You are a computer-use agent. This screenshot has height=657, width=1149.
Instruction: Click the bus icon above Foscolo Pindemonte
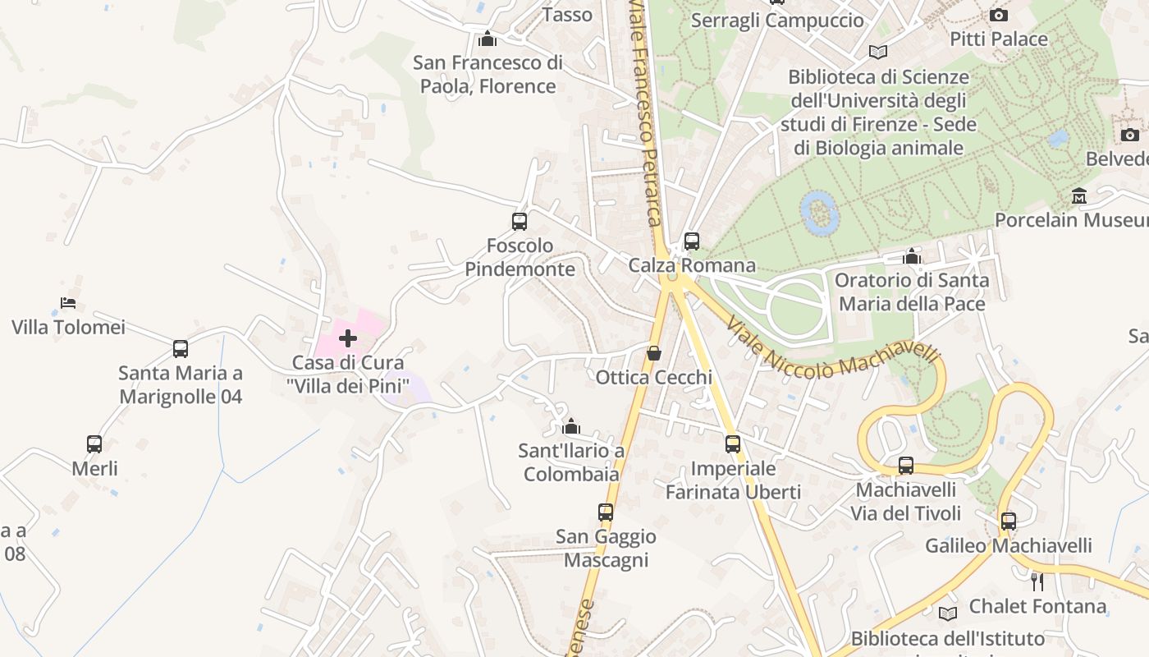[519, 221]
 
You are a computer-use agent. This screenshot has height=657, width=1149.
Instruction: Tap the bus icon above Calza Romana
[692, 241]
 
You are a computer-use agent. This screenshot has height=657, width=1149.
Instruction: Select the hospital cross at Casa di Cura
[348, 338]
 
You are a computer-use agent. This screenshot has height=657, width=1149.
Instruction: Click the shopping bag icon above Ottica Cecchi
[654, 353]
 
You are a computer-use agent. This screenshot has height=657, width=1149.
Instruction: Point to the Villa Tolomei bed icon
[68, 303]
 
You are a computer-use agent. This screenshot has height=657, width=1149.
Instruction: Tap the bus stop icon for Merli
[94, 444]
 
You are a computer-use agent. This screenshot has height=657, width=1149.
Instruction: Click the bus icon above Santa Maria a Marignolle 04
[181, 348]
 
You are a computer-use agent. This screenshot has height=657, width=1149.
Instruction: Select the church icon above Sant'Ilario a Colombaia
[571, 426]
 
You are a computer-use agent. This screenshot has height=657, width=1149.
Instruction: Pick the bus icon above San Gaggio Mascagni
[606, 512]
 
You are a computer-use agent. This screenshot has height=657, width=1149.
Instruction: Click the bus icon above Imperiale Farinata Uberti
[733, 444]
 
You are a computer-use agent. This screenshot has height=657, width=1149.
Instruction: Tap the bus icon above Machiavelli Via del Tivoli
[906, 466]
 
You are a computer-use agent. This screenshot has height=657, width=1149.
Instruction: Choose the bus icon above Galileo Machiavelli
[1009, 521]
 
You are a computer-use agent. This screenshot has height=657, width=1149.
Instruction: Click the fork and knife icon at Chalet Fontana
[1037, 582]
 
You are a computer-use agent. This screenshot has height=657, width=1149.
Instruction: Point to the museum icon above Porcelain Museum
[1079, 196]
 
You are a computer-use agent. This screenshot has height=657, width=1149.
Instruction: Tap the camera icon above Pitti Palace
[999, 15]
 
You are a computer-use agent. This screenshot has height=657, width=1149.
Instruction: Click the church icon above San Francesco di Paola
[488, 39]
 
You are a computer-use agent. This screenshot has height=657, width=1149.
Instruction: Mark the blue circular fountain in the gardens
[819, 213]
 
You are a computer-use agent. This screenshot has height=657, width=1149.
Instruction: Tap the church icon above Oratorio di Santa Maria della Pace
[912, 256]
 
